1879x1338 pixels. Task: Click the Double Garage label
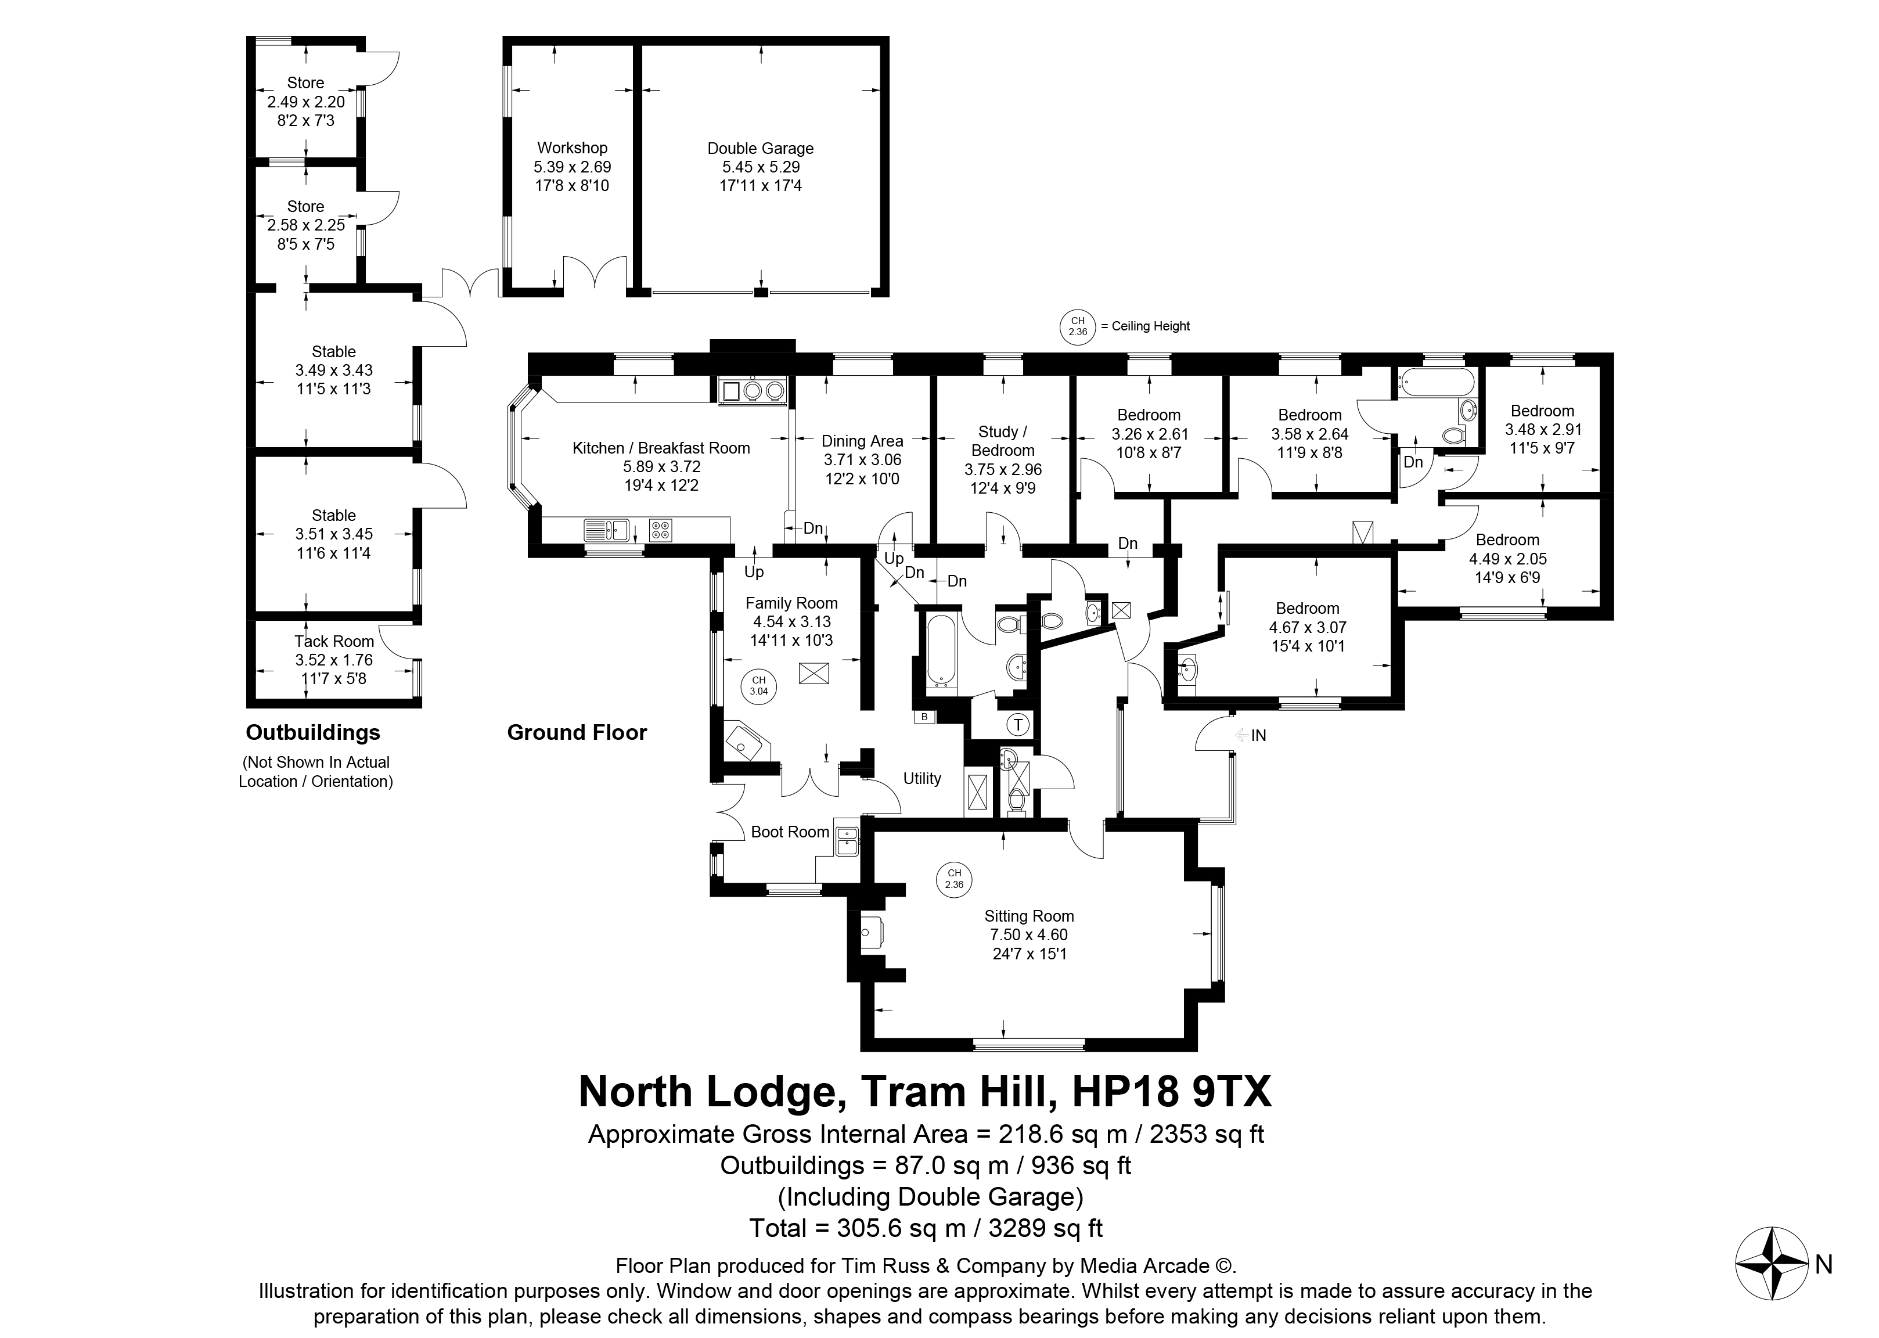(x=759, y=148)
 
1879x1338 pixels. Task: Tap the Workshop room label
(x=572, y=148)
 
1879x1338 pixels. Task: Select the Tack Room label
(x=334, y=641)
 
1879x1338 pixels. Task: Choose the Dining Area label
(x=862, y=441)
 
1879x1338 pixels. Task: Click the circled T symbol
(x=1019, y=724)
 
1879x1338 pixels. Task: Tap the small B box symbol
(x=924, y=716)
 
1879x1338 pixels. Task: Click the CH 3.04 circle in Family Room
(x=758, y=685)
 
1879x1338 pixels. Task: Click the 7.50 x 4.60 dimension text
(x=1029, y=934)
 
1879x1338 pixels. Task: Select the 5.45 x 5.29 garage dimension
(x=759, y=167)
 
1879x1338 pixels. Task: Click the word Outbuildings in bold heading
(x=313, y=732)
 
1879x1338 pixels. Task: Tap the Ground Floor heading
(x=577, y=732)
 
